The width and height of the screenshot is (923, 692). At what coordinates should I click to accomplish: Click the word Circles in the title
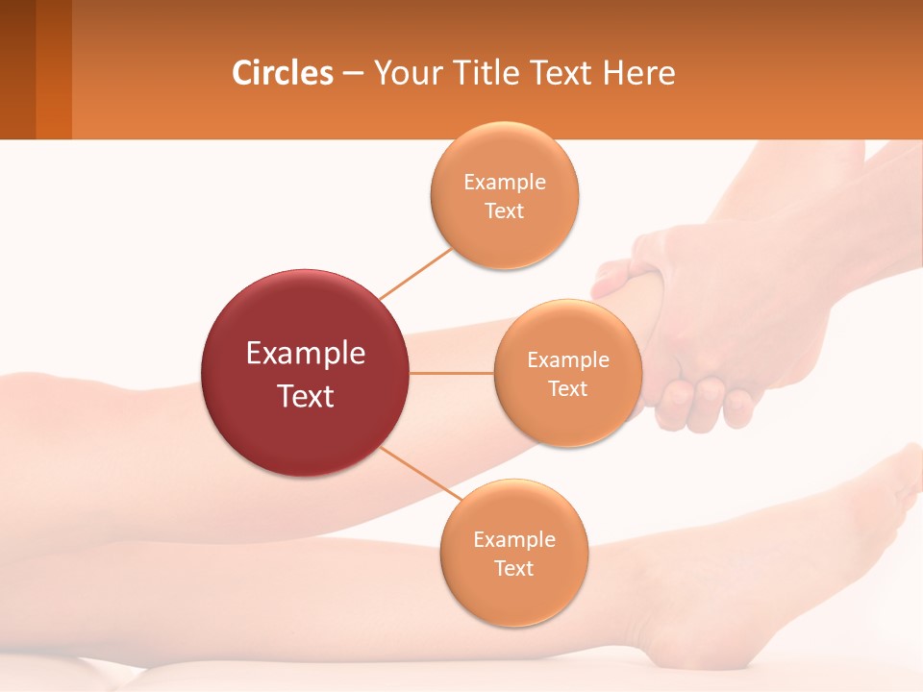(x=282, y=73)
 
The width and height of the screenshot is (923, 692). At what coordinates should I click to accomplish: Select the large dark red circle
(x=306, y=373)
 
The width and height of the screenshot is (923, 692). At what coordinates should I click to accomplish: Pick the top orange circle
(x=505, y=195)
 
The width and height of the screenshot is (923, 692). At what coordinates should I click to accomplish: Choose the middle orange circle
(x=568, y=373)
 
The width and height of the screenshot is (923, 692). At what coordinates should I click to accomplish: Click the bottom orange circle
(x=513, y=553)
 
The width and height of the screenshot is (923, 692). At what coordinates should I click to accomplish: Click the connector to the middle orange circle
(x=452, y=373)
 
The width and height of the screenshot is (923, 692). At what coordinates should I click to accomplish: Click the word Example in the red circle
(x=306, y=354)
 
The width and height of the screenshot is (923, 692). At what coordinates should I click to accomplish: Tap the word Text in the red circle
(x=306, y=396)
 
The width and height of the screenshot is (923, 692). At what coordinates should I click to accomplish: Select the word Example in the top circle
(x=505, y=182)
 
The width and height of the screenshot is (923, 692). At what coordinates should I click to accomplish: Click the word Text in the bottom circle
(x=513, y=568)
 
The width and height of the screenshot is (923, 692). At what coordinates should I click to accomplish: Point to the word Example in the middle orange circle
(x=568, y=360)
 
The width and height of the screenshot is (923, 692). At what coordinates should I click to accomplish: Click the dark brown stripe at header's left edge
(x=17, y=69)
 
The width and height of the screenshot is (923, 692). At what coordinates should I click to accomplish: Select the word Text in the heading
(x=560, y=73)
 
